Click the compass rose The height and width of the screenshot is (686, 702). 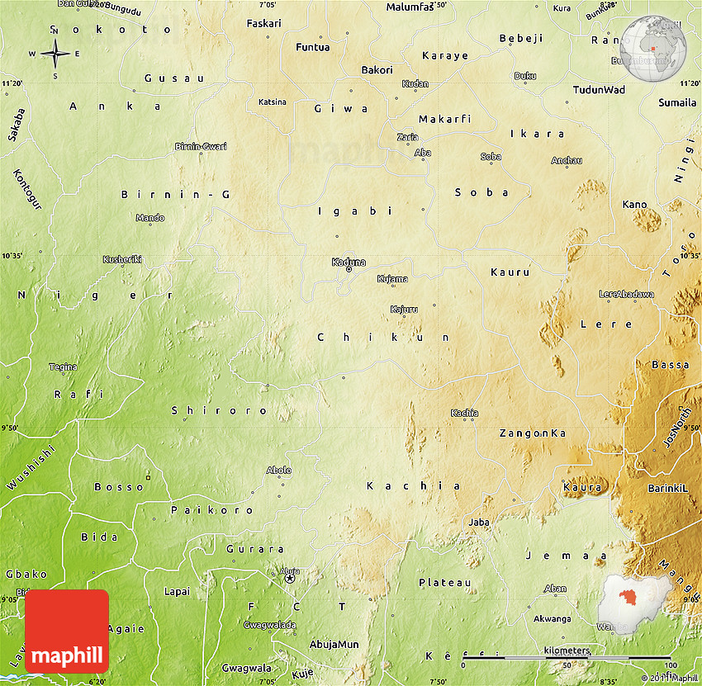[x=55, y=54]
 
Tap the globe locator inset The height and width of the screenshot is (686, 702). [x=654, y=50]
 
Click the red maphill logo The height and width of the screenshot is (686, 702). [x=67, y=632]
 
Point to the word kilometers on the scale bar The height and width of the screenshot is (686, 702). [x=567, y=651]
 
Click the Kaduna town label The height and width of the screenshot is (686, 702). [x=349, y=263]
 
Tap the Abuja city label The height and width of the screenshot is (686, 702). [x=290, y=570]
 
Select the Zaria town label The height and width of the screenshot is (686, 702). [x=408, y=137]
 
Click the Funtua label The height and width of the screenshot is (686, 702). [x=313, y=47]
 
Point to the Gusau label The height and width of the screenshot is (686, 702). [x=162, y=78]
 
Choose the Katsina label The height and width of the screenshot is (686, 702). [x=273, y=102]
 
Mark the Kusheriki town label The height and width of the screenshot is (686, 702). [x=122, y=259]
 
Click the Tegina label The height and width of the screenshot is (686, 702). [x=64, y=367]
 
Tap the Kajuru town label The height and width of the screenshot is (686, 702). [x=404, y=310]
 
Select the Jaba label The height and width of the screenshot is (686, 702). [x=479, y=522]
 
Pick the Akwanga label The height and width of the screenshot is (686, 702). [x=553, y=618]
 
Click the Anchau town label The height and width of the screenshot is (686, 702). [x=567, y=160]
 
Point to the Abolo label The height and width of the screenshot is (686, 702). [x=279, y=471]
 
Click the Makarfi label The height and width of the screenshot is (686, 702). [x=444, y=119]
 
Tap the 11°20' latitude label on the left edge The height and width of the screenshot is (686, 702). [x=12, y=83]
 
